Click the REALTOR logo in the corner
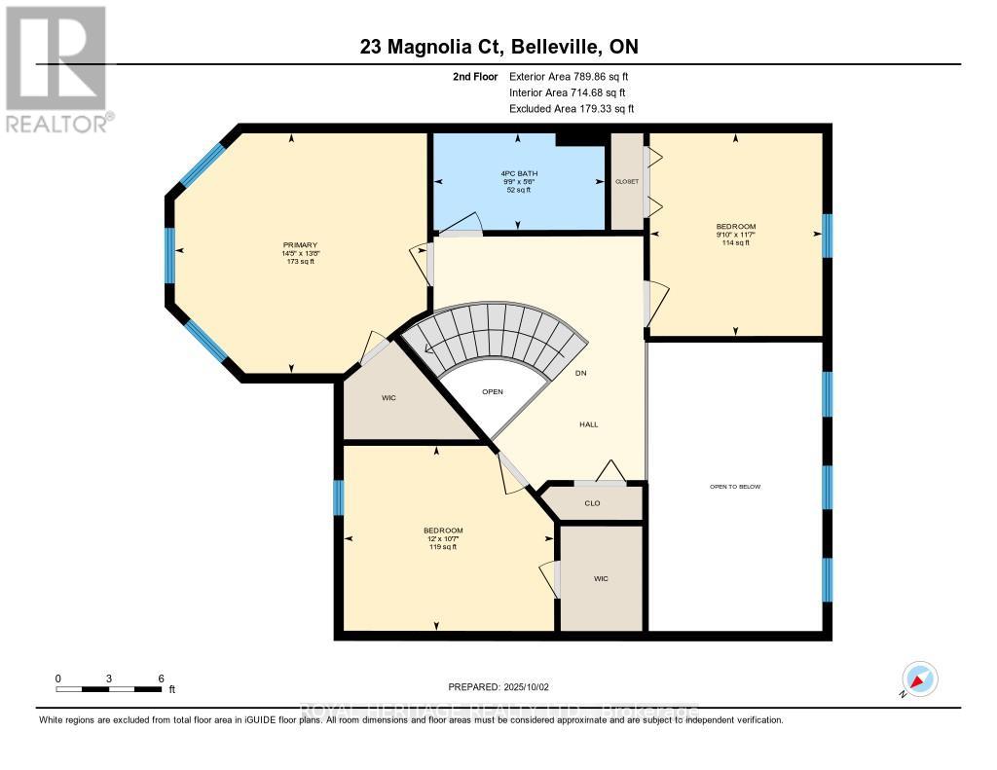[56, 68]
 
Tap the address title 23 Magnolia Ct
[498, 47]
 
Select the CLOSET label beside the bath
[626, 181]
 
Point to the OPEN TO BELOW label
[735, 486]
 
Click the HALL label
[588, 424]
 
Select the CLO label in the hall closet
[592, 503]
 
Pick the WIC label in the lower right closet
[601, 578]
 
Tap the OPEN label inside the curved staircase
[493, 391]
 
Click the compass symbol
[919, 678]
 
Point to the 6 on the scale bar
[161, 678]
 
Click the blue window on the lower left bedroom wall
[338, 497]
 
